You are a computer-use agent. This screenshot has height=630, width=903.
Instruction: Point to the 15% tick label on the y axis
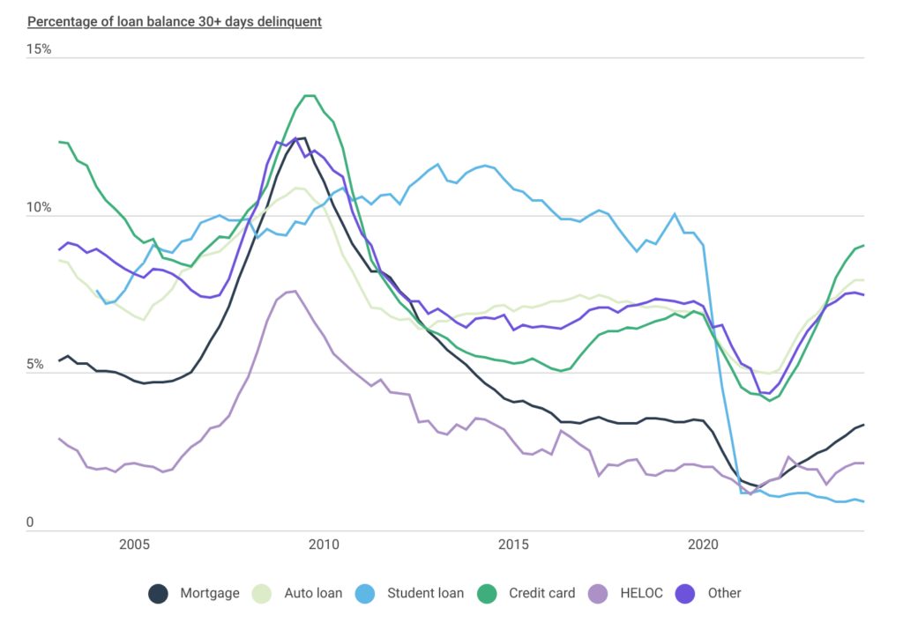(39, 49)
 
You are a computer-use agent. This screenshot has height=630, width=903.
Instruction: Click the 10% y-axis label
(39, 208)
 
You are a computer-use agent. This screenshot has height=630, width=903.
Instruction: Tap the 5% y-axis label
(35, 365)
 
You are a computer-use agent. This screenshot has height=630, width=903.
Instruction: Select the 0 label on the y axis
(30, 523)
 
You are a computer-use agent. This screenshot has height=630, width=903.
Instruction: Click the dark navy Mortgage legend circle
(159, 594)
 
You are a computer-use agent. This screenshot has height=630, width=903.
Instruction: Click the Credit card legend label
(541, 594)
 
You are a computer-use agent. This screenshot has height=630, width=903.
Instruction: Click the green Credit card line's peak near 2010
(309, 96)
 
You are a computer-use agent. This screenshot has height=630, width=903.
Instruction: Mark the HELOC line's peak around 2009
(293, 290)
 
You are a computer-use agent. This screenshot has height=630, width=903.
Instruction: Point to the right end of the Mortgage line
(863, 425)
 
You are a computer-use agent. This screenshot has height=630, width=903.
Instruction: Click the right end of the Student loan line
(863, 501)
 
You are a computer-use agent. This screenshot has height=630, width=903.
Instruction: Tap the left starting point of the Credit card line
(59, 142)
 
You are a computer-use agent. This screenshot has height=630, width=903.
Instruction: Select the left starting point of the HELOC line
(59, 438)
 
